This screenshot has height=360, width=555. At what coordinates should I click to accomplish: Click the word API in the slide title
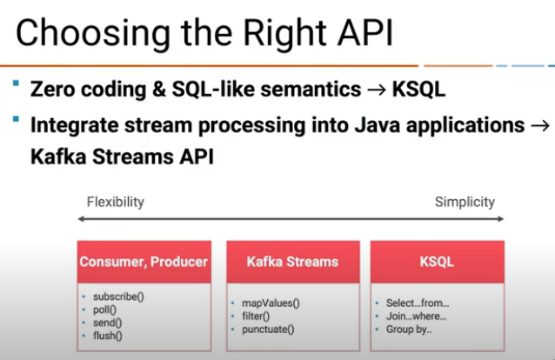365,32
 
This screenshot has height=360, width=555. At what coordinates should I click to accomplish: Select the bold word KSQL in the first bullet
418,90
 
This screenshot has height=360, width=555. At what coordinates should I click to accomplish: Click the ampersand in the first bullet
159,90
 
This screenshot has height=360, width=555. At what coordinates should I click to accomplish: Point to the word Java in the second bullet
378,125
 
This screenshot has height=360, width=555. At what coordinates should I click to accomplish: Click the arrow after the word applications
540,126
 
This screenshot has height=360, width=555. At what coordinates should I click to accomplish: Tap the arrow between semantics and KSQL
377,90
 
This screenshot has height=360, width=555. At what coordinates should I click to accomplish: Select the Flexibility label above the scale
116,202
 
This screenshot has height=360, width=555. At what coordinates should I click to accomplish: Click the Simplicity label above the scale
465,202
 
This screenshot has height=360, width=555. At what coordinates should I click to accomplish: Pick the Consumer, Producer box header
144,262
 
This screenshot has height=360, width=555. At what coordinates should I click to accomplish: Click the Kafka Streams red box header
293,262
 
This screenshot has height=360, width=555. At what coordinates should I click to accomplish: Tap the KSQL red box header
438,262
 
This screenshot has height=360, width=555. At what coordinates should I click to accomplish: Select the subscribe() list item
118,297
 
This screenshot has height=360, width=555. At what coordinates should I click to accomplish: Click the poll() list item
104,310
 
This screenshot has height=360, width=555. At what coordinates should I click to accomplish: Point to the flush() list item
108,336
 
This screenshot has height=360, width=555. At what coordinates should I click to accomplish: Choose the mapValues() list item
271,303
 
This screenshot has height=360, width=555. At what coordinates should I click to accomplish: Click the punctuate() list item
268,330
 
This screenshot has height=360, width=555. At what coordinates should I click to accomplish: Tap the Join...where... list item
416,317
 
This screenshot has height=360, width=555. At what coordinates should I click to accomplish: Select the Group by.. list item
409,330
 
